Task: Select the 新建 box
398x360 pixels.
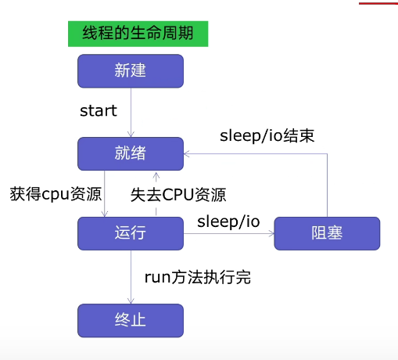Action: (x=131, y=71)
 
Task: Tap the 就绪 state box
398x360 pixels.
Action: (x=131, y=153)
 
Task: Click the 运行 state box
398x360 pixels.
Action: (x=131, y=233)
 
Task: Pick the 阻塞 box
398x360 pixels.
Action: (x=327, y=233)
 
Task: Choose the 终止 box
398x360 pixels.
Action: (x=131, y=320)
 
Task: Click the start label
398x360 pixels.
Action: (x=99, y=110)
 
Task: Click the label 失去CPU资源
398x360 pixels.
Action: (x=183, y=193)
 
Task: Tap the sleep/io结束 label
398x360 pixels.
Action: (x=267, y=135)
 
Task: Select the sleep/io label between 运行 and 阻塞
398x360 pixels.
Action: (x=228, y=221)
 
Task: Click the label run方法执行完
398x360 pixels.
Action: (x=198, y=277)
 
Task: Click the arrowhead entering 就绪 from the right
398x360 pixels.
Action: (x=188, y=153)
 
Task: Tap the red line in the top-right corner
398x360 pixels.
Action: (x=378, y=2)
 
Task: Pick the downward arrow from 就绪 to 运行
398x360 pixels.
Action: (x=105, y=193)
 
